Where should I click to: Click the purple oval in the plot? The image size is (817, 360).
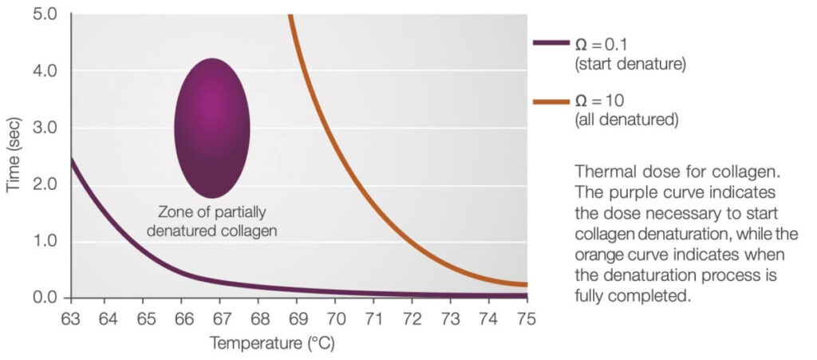click(212, 128)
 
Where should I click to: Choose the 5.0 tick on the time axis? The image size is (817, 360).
click(46, 14)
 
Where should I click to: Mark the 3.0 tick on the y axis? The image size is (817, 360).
click(46, 128)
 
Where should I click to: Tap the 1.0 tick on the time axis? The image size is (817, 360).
click(46, 241)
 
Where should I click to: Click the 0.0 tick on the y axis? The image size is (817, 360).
click(46, 298)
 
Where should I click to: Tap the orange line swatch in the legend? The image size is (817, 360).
click(551, 101)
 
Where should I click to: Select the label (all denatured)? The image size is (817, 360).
click(626, 121)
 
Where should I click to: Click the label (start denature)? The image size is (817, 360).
click(630, 63)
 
